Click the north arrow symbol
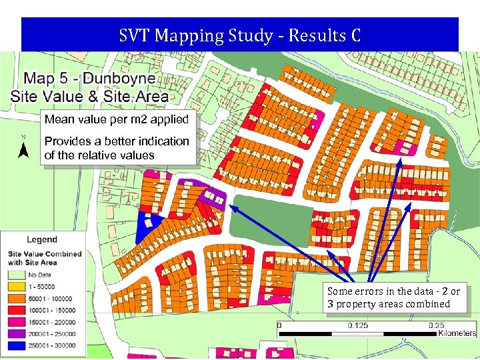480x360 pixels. click(23, 149)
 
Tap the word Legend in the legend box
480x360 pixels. click(41, 239)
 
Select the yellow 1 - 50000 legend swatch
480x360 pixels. click(17, 286)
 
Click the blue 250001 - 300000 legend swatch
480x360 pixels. click(17, 346)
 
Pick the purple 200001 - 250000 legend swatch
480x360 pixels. click(17, 334)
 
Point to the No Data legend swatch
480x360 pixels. click(17, 274)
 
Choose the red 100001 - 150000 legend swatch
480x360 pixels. click(17, 310)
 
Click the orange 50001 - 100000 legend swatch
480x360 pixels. click(17, 298)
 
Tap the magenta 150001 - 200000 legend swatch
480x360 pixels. click(17, 322)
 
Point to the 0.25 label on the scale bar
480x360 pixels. click(436, 325)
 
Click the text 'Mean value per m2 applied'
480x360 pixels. click(117, 120)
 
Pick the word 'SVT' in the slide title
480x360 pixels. click(134, 35)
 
